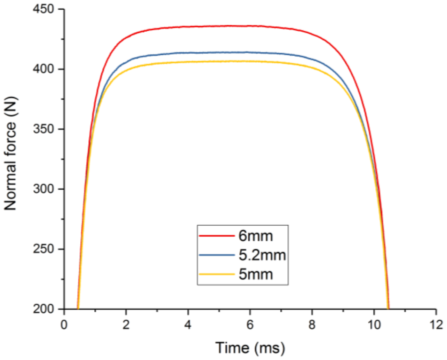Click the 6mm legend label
256,236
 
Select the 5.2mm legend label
262,255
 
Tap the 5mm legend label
256,274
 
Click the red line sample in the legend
216,236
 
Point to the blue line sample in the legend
216,255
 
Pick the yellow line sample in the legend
216,274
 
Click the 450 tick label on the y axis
43,9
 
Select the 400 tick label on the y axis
43,69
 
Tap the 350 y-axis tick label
43,129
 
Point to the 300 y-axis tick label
43,189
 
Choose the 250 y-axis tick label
43,249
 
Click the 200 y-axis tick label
43,309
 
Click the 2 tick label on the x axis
126,325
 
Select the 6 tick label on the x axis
250,325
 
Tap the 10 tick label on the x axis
374,325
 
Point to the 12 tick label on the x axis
436,325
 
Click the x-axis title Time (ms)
250,347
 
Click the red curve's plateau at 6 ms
250,26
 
